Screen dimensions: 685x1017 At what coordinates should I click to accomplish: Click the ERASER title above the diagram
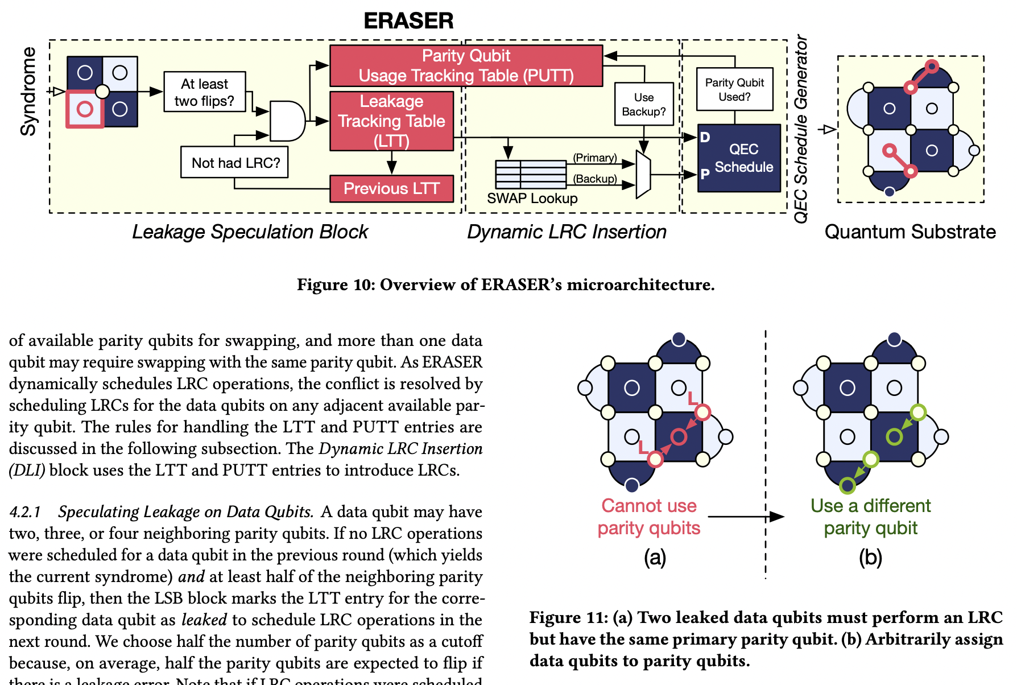coord(408,21)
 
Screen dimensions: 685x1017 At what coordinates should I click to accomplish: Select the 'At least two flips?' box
coord(204,92)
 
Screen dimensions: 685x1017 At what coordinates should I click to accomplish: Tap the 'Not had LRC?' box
coord(235,163)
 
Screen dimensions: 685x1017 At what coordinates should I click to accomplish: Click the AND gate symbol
coord(287,121)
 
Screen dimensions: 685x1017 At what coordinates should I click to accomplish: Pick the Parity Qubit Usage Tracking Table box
coord(466,66)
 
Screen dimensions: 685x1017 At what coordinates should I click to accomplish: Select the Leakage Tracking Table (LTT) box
coord(391,121)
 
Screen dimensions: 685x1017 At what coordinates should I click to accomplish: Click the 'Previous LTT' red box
coord(391,188)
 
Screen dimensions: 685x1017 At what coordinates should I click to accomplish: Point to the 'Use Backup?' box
coord(643,105)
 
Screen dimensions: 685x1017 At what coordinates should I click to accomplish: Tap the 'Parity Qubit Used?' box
coord(734,89)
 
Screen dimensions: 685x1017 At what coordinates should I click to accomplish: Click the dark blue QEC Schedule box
coord(739,158)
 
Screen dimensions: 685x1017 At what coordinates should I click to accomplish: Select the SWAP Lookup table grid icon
coord(531,174)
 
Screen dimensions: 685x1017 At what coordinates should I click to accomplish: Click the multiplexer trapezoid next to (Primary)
coord(643,175)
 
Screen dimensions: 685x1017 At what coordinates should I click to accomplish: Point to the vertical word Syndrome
coord(28,92)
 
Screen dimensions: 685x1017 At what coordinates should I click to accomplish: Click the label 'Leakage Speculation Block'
coord(250,232)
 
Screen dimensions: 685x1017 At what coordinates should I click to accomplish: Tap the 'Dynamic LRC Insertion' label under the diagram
coord(567,232)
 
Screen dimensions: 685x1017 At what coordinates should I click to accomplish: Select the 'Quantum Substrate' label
coord(909,232)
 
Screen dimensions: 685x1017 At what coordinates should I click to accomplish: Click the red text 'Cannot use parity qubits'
coord(648,517)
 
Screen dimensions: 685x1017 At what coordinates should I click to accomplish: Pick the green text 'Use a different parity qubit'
coord(870,517)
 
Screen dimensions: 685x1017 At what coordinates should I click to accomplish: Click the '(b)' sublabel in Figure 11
coord(870,558)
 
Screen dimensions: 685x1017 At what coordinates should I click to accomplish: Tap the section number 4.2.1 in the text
coord(25,512)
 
